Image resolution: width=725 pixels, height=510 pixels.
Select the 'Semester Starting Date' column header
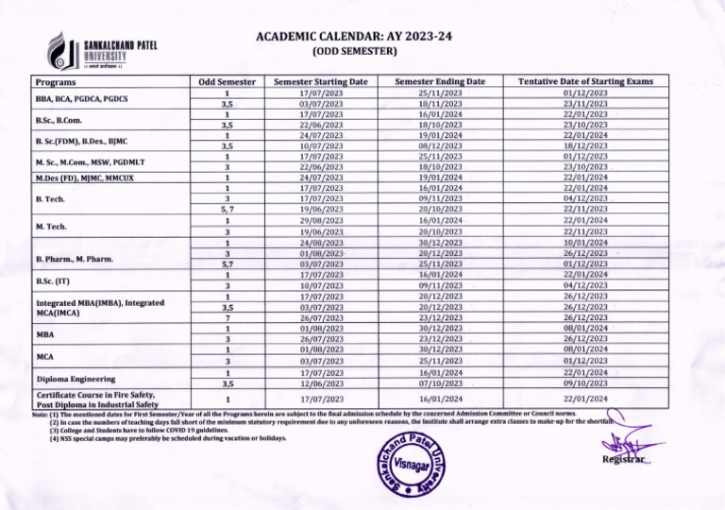(x=320, y=83)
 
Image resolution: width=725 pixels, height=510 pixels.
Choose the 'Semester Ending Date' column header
(x=440, y=83)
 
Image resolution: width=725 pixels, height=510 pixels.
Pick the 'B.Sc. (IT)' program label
(x=51, y=280)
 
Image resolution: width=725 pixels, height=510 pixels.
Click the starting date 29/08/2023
(x=320, y=220)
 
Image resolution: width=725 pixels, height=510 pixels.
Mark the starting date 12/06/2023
(x=320, y=383)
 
